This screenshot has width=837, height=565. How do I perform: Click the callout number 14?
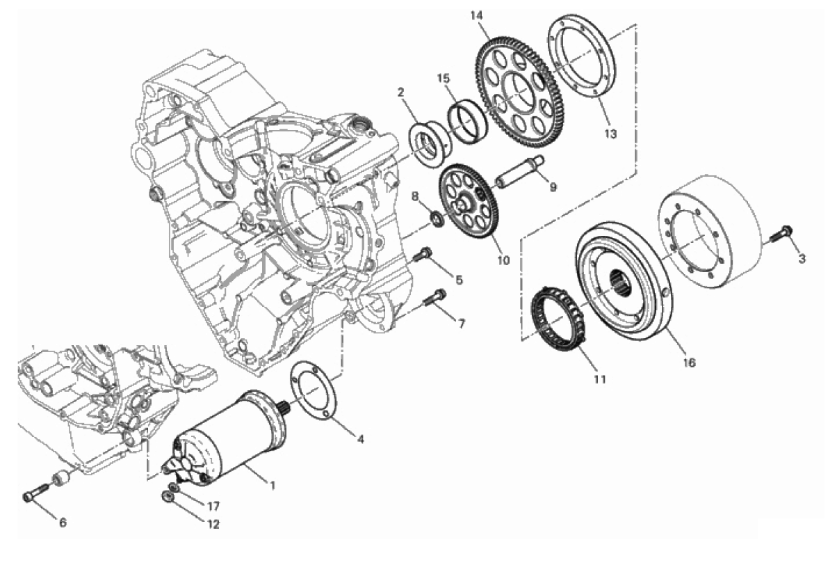coord(476,16)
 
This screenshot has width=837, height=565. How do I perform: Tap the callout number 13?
coord(610,134)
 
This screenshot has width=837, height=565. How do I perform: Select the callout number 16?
coord(690,363)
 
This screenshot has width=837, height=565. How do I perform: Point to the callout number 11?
coord(599,379)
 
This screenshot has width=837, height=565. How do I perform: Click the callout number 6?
coord(63,523)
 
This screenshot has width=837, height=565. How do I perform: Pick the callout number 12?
coord(213,524)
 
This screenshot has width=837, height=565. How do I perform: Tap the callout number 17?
coord(213,507)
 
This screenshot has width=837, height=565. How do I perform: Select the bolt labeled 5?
coord(423,254)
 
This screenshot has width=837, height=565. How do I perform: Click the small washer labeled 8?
coord(437,219)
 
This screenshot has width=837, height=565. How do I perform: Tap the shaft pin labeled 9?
coord(519,173)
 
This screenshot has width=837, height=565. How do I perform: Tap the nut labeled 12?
coord(167,497)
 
